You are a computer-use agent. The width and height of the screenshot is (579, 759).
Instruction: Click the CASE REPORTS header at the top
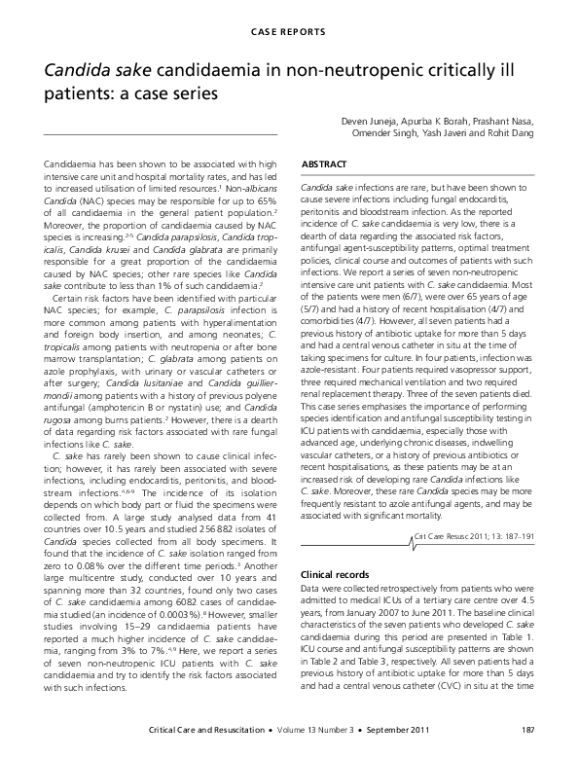pyautogui.click(x=289, y=31)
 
